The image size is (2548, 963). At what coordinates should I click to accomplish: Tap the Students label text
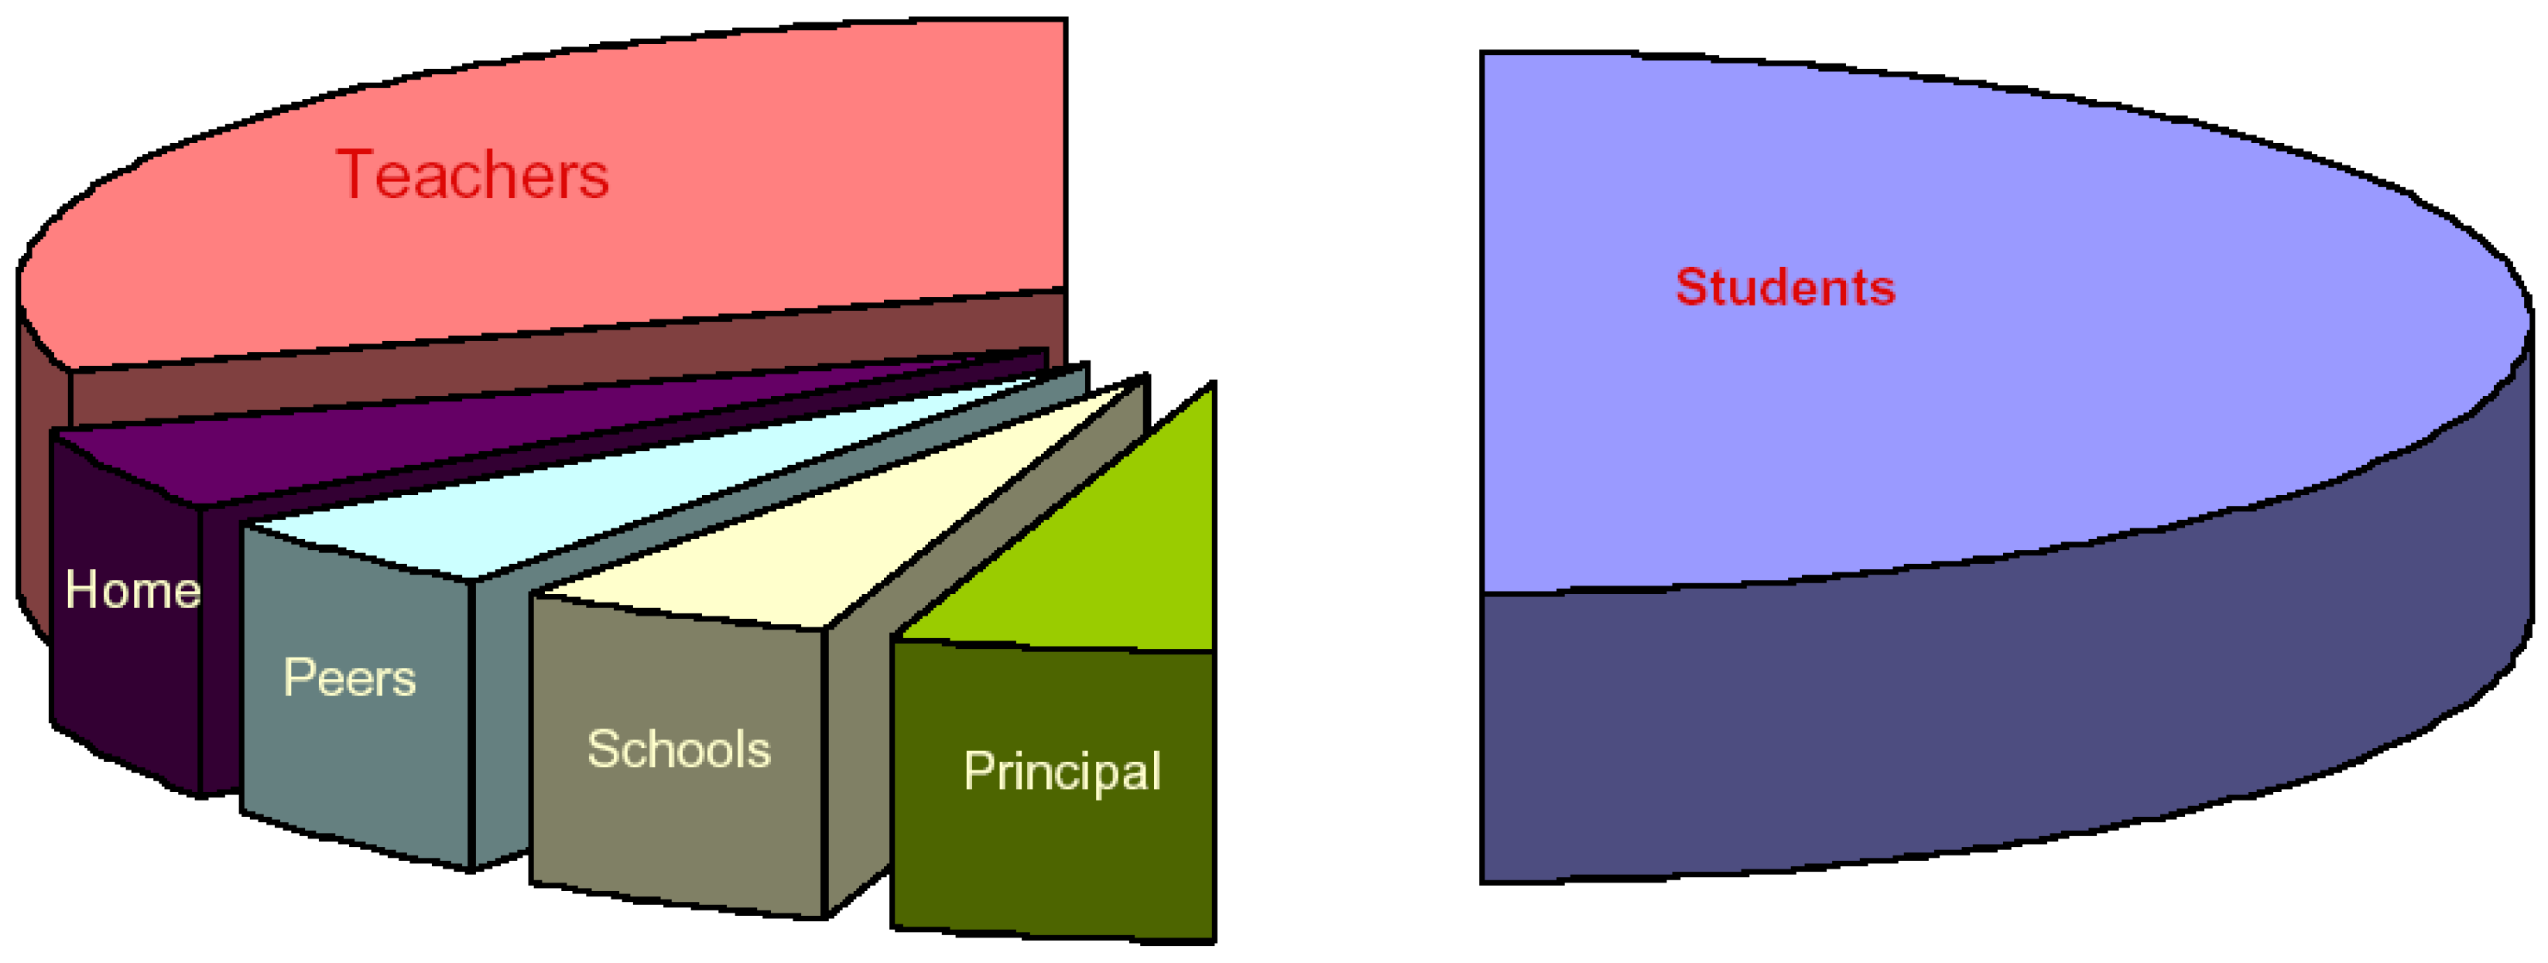(1784, 288)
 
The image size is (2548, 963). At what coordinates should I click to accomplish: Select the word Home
(132, 590)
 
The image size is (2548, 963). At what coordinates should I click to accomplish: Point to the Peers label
(349, 678)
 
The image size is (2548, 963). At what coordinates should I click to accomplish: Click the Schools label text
(679, 750)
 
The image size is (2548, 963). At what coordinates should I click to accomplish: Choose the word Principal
(1061, 771)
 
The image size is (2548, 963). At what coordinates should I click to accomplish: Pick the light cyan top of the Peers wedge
(594, 494)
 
